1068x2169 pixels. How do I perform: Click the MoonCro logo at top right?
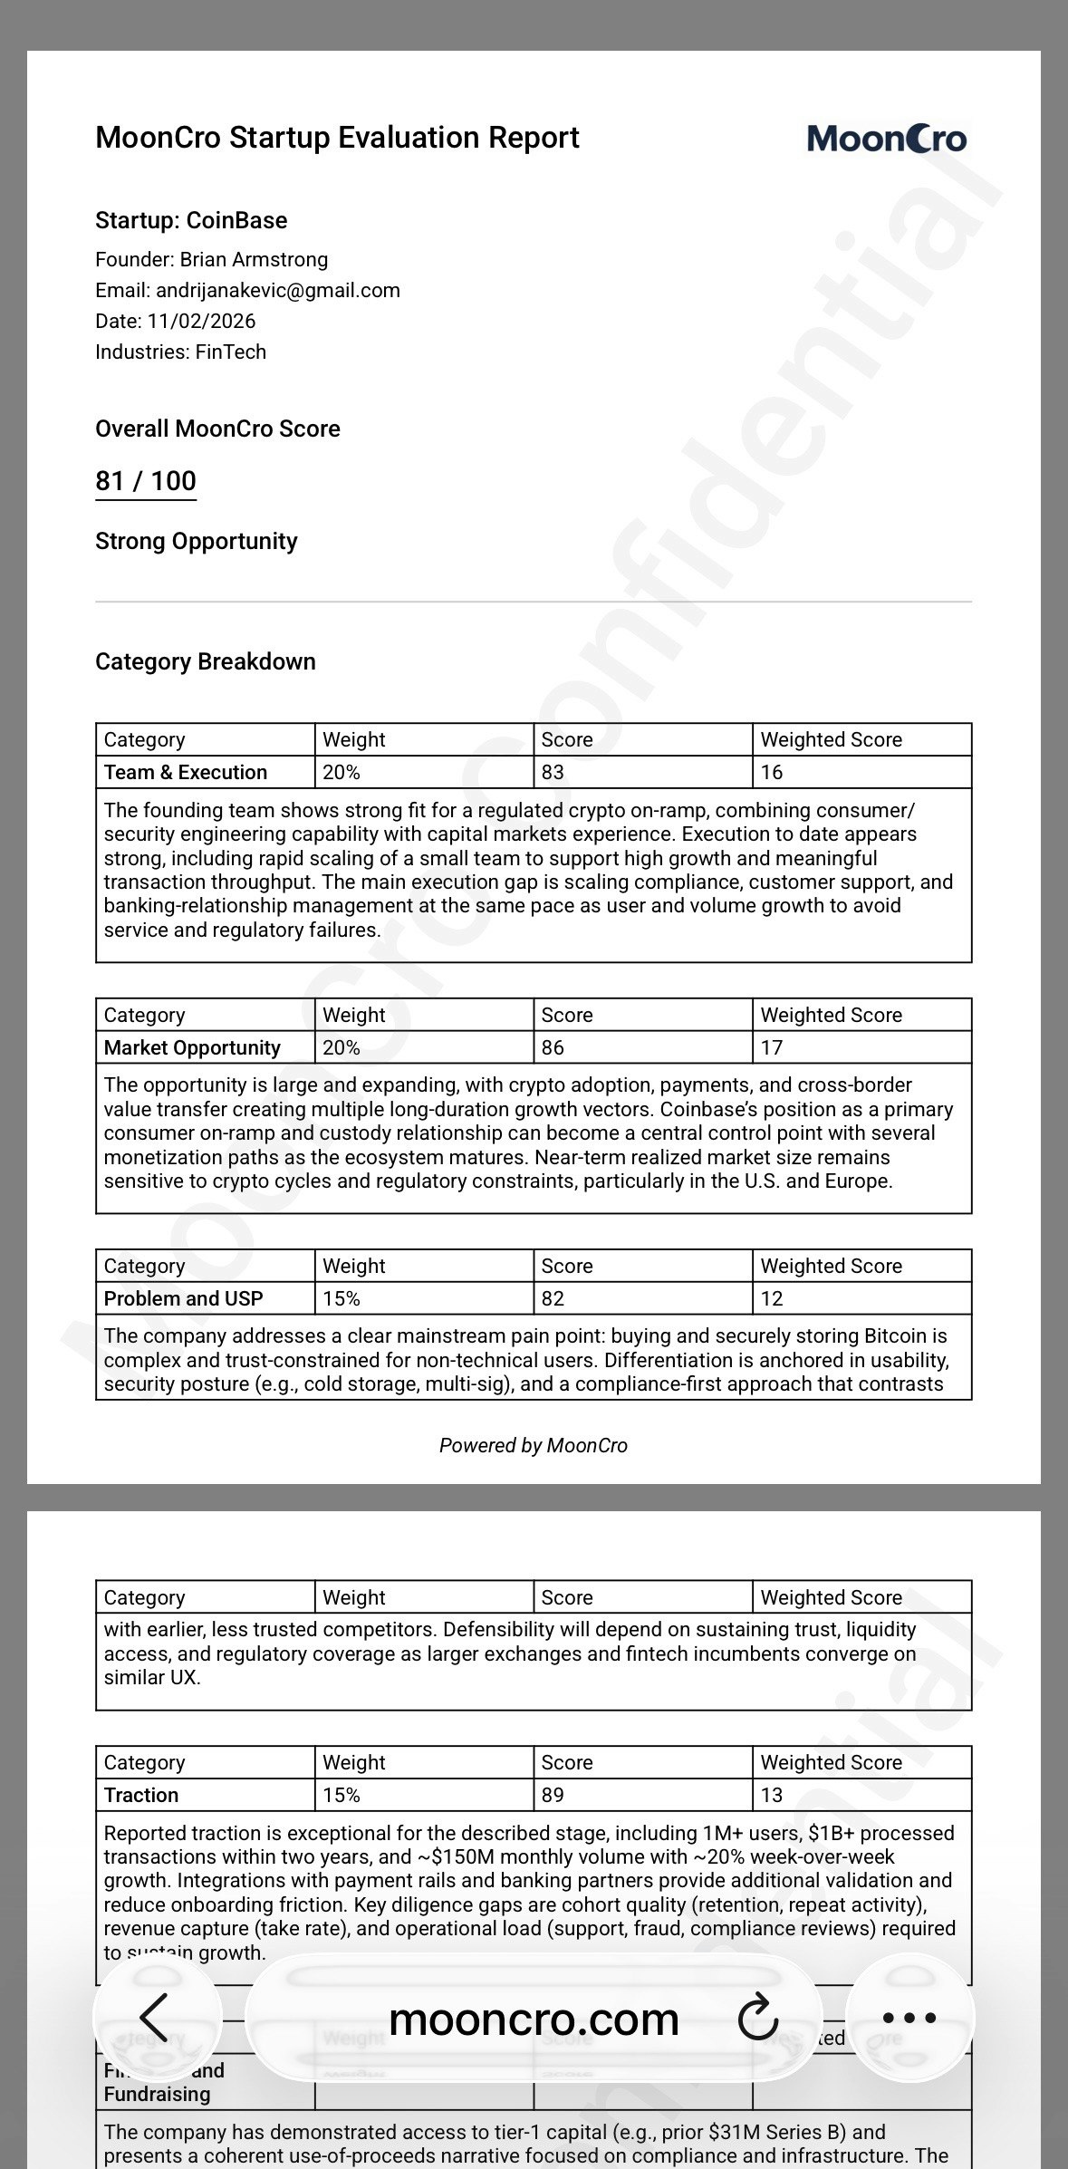pos(886,139)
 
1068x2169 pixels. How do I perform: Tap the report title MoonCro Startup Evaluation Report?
pos(337,138)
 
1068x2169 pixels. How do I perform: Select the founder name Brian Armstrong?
pos(254,259)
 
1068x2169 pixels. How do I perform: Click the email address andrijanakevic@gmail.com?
pos(277,290)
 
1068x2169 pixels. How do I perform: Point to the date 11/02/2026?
pos(201,321)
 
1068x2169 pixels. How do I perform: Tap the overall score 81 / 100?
pos(146,481)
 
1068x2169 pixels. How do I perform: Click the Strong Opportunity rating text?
pos(197,541)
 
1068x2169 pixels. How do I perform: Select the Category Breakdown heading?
pos(206,661)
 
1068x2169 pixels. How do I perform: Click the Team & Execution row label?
pos(186,772)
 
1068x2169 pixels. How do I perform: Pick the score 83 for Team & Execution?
pos(553,772)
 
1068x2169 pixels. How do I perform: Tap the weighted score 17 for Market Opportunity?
pos(772,1047)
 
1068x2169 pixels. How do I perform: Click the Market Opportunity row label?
pos(192,1047)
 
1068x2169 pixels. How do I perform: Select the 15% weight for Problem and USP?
pos(342,1298)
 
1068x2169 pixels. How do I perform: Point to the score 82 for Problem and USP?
pos(553,1298)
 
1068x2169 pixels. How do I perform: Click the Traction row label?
pos(141,1795)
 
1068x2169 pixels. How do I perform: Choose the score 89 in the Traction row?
pos(553,1795)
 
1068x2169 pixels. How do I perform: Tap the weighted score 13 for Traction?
pos(772,1795)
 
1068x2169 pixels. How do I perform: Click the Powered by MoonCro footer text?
pos(533,1445)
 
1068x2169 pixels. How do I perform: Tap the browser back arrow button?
pos(155,2018)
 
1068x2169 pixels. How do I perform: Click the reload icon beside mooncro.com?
pos(757,2018)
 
